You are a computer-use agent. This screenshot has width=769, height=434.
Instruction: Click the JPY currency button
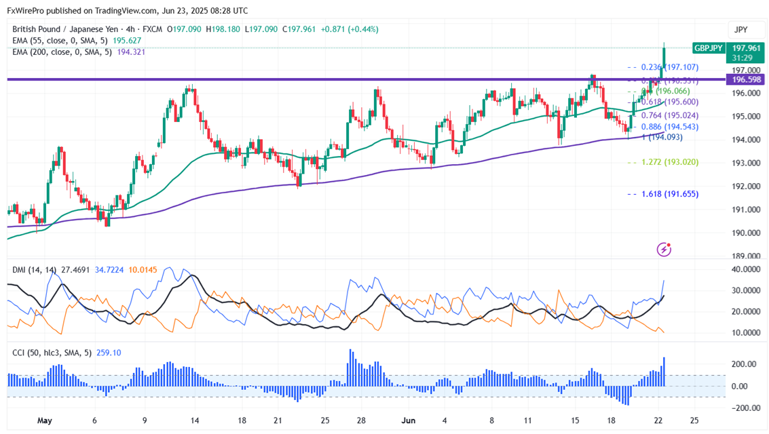(740, 30)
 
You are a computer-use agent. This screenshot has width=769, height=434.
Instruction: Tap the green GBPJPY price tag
(708, 48)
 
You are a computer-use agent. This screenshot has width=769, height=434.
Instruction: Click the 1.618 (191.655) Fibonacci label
(671, 194)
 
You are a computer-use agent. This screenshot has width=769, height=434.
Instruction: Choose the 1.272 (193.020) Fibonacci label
(671, 162)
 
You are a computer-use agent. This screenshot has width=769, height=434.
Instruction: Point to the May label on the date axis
(45, 420)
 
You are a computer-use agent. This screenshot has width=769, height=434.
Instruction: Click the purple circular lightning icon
(664, 250)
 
